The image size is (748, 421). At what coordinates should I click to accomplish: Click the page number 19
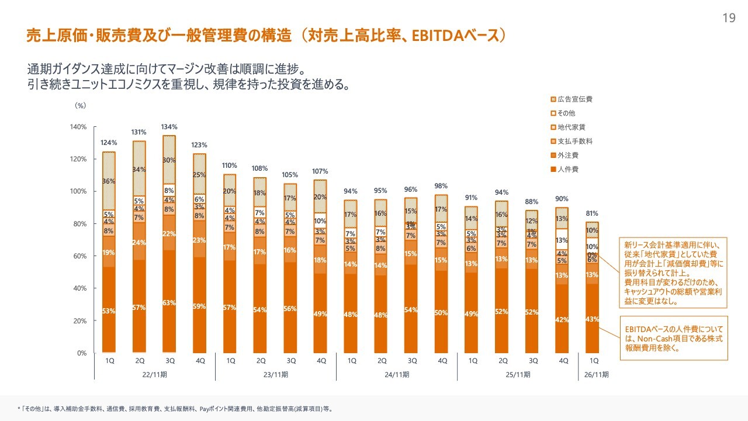click(729, 18)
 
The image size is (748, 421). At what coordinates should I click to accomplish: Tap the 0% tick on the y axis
click(82, 353)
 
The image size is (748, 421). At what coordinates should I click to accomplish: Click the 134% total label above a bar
click(169, 127)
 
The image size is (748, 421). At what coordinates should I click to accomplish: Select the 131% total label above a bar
click(139, 132)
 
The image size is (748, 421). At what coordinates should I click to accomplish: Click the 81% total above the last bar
click(593, 213)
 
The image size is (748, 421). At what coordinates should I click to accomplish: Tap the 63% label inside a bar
click(169, 302)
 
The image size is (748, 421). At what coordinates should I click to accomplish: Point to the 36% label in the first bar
click(109, 181)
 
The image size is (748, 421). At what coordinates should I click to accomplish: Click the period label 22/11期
click(155, 374)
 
